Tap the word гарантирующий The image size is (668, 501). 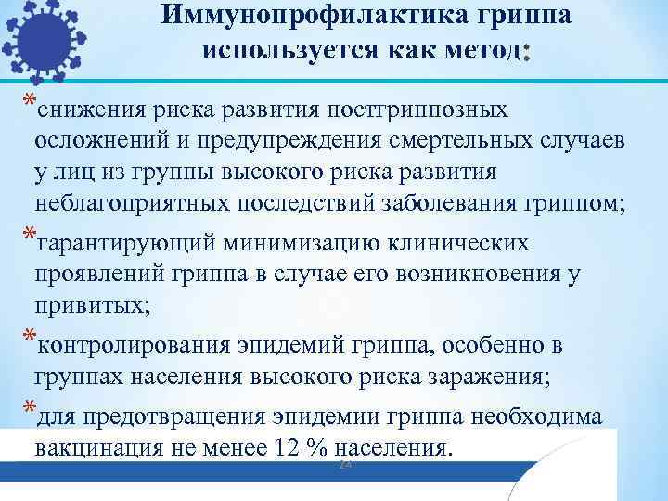click(x=125, y=243)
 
